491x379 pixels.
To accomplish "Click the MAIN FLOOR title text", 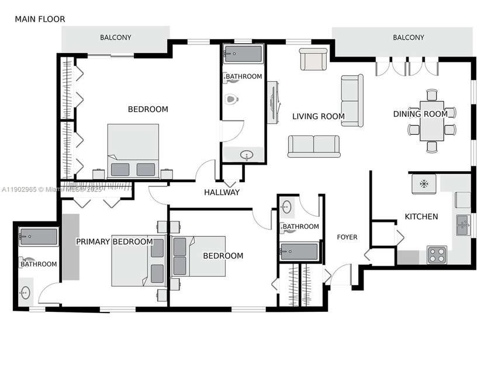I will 40,19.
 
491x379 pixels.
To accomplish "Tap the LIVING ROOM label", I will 318,116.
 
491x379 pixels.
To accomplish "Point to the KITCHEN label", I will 421,217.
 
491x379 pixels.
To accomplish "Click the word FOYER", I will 347,237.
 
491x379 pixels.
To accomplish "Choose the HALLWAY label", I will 222,192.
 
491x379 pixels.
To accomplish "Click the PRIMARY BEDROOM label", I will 115,242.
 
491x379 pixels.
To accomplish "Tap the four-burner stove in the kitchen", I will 437,255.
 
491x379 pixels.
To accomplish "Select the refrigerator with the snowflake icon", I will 424,184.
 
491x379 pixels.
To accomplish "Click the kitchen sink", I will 462,224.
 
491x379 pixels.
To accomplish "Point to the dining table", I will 432,121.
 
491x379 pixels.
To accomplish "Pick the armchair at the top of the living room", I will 313,59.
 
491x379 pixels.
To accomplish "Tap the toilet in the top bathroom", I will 232,99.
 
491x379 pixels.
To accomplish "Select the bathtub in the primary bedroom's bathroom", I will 37,237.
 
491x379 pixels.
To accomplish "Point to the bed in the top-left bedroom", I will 133,150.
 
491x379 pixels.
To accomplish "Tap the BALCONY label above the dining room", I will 408,37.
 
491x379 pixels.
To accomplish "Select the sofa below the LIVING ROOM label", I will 313,146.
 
